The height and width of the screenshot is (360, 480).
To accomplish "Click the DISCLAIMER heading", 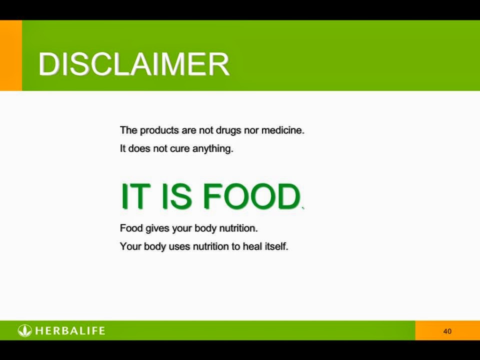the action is coord(134,63).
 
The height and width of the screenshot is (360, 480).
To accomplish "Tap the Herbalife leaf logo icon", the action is coord(25,330).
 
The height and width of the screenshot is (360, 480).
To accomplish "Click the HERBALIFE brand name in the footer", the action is coord(70,330).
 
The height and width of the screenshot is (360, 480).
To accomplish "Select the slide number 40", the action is coord(447,331).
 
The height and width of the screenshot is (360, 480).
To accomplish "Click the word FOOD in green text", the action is coord(251,196).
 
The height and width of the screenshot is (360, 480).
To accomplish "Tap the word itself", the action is coord(276,246).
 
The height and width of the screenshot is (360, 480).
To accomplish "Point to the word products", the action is coord(159,130).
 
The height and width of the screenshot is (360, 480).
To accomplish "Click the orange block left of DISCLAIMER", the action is coord(11,55).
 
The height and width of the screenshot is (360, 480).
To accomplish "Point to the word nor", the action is coord(251,130).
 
